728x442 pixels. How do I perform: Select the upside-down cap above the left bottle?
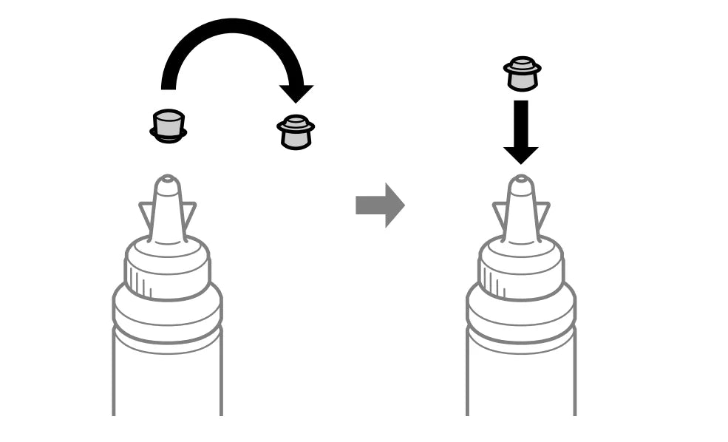pyautogui.click(x=168, y=126)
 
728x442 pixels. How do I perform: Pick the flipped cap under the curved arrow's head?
pyautogui.click(x=296, y=132)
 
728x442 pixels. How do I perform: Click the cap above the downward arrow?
pyautogui.click(x=522, y=75)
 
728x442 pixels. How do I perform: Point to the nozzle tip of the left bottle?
pyautogui.click(x=167, y=180)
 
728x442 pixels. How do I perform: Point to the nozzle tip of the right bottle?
pyautogui.click(x=521, y=180)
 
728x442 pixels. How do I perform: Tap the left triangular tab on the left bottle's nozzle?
pyautogui.click(x=146, y=214)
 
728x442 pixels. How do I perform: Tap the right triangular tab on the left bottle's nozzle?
pyautogui.click(x=188, y=214)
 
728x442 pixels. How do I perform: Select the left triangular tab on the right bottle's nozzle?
pyautogui.click(x=500, y=214)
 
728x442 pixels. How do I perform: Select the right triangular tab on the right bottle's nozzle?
pyautogui.click(x=542, y=214)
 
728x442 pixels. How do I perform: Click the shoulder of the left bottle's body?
pyautogui.click(x=167, y=303)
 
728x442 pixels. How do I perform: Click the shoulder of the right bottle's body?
pyautogui.click(x=521, y=303)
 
